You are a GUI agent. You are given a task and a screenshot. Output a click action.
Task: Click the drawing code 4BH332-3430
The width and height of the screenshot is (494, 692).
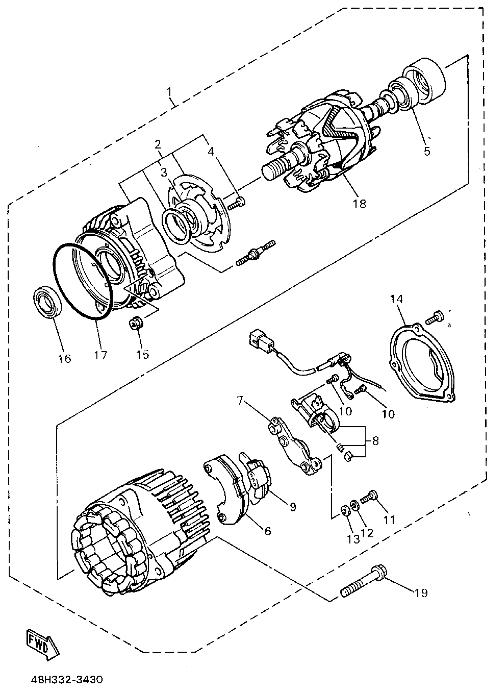coord(67,680)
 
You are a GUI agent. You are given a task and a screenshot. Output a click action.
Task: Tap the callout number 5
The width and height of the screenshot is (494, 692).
coord(427,151)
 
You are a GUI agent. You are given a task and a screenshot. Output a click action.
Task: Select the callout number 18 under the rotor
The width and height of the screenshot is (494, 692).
coord(360,204)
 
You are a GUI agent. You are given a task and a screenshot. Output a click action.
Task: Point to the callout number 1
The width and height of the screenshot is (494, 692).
coord(169,92)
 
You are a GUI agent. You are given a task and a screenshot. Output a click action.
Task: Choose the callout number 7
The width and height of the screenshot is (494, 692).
coord(240,401)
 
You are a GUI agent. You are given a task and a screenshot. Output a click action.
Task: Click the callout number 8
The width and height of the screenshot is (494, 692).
coord(376,441)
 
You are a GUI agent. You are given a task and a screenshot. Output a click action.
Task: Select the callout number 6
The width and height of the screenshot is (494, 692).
coord(267,531)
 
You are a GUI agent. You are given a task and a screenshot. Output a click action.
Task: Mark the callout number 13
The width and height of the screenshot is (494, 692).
coord(353,540)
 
